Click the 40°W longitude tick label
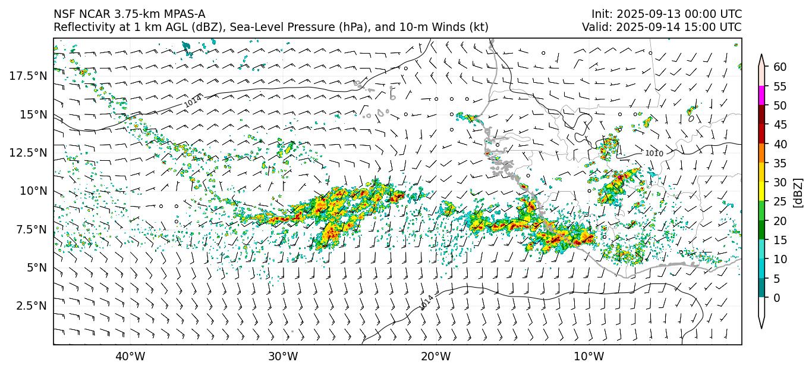tap(130, 357)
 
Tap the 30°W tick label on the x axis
tap(283, 357)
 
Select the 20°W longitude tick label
tap(436, 357)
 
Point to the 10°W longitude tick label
tap(589, 357)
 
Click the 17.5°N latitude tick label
tap(28, 76)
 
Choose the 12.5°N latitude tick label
tap(28, 152)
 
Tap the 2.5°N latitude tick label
tap(30, 305)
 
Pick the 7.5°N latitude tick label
tap(30, 229)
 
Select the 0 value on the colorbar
tap(776, 298)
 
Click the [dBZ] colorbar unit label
tap(798, 192)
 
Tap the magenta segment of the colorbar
tap(761, 96)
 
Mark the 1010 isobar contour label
tap(654, 154)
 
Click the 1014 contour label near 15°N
tap(193, 101)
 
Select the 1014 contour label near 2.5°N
tap(427, 302)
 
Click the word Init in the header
tap(601, 14)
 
